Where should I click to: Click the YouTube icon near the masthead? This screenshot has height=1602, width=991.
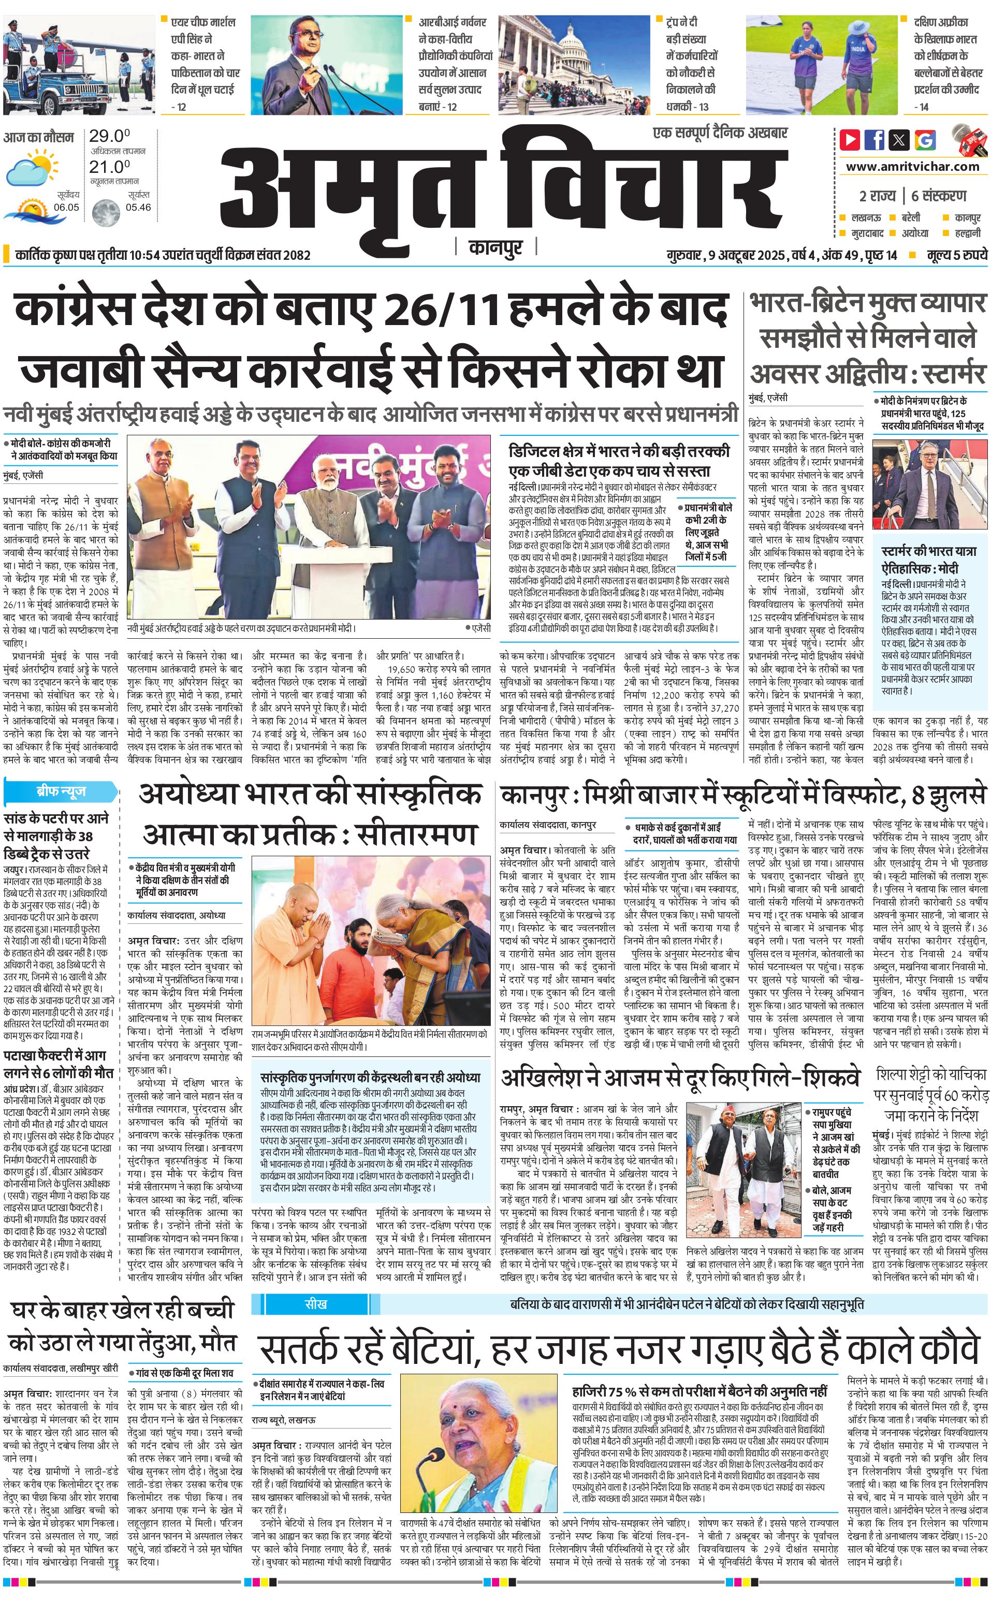850,140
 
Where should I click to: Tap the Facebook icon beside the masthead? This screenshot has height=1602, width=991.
875,140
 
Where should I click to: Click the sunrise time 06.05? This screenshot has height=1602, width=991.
66,208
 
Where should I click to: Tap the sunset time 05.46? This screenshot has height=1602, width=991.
138,208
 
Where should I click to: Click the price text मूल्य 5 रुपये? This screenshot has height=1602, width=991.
956,255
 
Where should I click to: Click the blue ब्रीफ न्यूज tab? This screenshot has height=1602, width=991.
61,791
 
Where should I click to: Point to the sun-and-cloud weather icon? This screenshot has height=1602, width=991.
29,167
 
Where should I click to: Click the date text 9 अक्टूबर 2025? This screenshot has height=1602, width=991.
747,255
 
